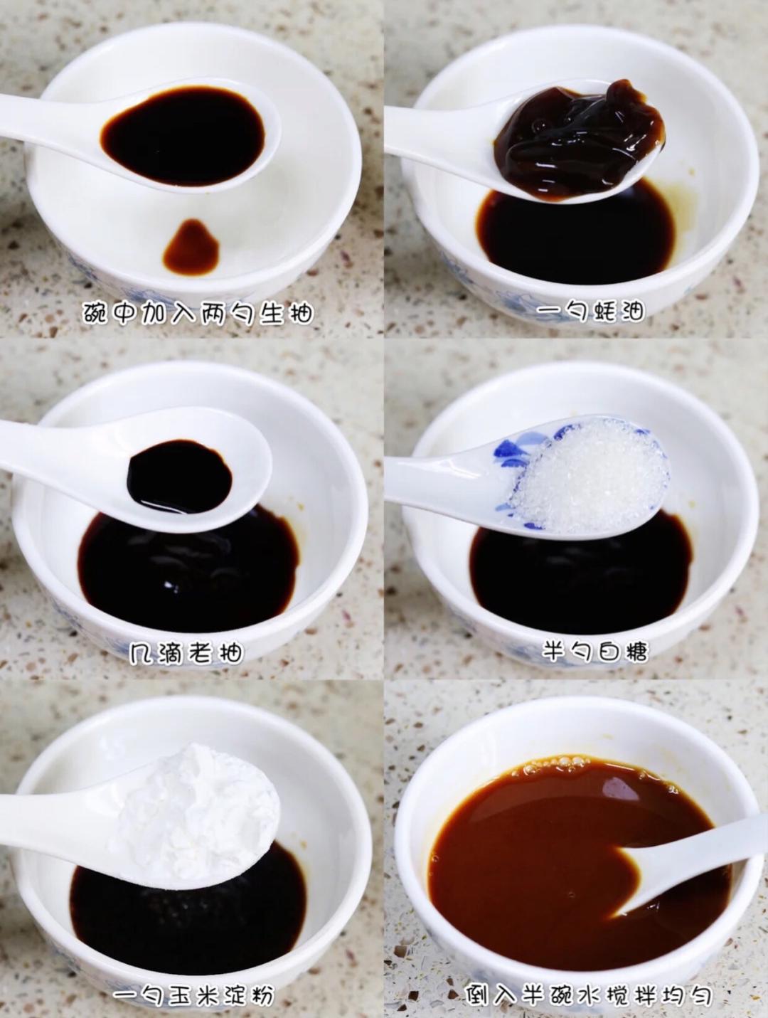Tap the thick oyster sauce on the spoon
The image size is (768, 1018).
[580, 139]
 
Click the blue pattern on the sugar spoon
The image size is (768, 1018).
[521, 459]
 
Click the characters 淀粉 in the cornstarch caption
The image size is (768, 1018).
[247, 994]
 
